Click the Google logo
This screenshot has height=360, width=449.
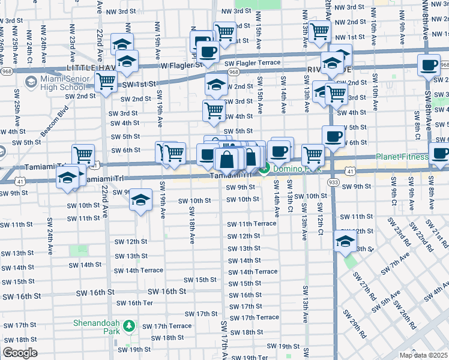pyautogui.click(x=20, y=353)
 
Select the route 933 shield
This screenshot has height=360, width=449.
pyautogui.click(x=333, y=182)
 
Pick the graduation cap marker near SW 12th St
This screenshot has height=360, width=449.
pyautogui.click(x=345, y=241)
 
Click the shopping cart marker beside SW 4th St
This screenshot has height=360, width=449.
pyautogui.click(x=214, y=110)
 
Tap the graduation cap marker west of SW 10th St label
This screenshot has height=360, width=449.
pyautogui.click(x=140, y=199)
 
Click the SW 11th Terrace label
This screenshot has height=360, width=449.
pyautogui.click(x=252, y=224)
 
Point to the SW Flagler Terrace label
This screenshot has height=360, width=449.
pyautogui.click(x=252, y=62)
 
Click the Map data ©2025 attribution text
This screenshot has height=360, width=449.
pyautogui.click(x=423, y=355)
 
